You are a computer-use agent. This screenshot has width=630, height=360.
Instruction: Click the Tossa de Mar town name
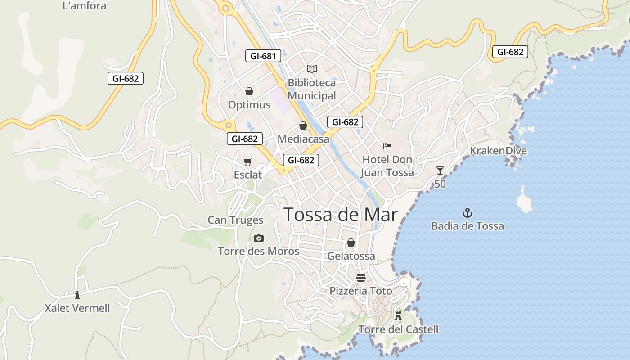point(341,215)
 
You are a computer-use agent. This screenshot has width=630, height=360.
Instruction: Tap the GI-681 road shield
point(263,56)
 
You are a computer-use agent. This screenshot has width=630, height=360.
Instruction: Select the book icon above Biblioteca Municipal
point(312,69)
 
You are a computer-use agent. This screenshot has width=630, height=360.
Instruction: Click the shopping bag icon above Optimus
point(249,91)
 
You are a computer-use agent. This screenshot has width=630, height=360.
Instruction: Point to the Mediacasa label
point(303,139)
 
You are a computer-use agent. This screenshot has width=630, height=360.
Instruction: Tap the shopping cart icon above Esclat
point(247,162)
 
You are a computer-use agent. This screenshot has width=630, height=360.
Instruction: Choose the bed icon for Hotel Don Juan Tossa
point(387,146)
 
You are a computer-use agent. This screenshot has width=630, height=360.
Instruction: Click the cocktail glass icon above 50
point(440,171)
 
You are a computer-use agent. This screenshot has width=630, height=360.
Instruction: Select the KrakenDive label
point(498,151)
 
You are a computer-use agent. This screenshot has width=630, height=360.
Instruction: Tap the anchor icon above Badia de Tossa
point(468,212)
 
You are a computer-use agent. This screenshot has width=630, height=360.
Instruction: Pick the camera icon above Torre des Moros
point(258,238)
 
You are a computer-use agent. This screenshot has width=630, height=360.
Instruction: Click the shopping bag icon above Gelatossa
point(351,243)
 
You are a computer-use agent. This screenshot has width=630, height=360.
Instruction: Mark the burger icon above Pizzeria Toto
point(360,278)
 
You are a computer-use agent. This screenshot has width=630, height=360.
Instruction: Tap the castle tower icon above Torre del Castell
point(398,315)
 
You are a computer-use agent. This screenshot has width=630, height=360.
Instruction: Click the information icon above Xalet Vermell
point(77,295)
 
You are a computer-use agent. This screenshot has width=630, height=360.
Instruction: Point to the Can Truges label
point(235,220)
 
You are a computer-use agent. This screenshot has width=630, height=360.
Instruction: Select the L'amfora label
point(85,6)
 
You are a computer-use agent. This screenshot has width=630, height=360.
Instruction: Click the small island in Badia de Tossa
point(524,200)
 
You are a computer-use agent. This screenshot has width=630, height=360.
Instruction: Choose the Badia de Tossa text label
point(468,226)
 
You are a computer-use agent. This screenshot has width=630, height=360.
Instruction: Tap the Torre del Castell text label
point(398,329)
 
